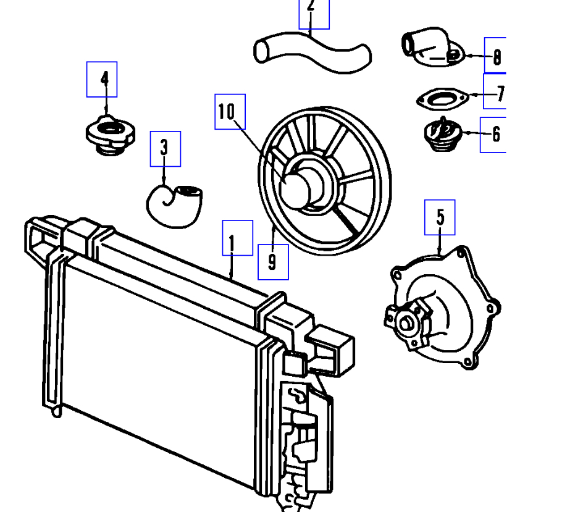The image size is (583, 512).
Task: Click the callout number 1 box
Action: (x=238, y=238)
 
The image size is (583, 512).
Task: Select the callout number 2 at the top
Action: (x=314, y=12)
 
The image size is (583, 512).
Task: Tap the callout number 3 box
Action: (x=166, y=149)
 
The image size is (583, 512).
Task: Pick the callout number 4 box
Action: (x=102, y=79)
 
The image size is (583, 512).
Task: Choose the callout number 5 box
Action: (x=440, y=217)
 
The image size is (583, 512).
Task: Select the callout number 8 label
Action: (x=495, y=57)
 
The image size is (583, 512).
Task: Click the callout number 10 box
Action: (x=230, y=112)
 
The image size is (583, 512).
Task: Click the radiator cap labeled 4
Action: (x=109, y=135)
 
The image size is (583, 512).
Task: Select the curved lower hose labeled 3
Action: (x=175, y=204)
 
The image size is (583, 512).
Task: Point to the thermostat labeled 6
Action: (x=440, y=135)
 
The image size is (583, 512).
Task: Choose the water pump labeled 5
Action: (x=445, y=309)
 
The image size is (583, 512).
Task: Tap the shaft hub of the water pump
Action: (x=406, y=322)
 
